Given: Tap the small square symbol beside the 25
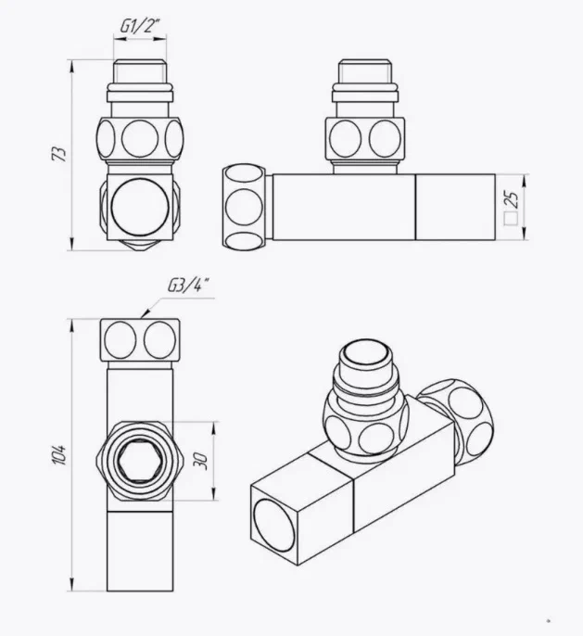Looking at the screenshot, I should [509, 221].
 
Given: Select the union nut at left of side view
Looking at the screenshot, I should [245, 206].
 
